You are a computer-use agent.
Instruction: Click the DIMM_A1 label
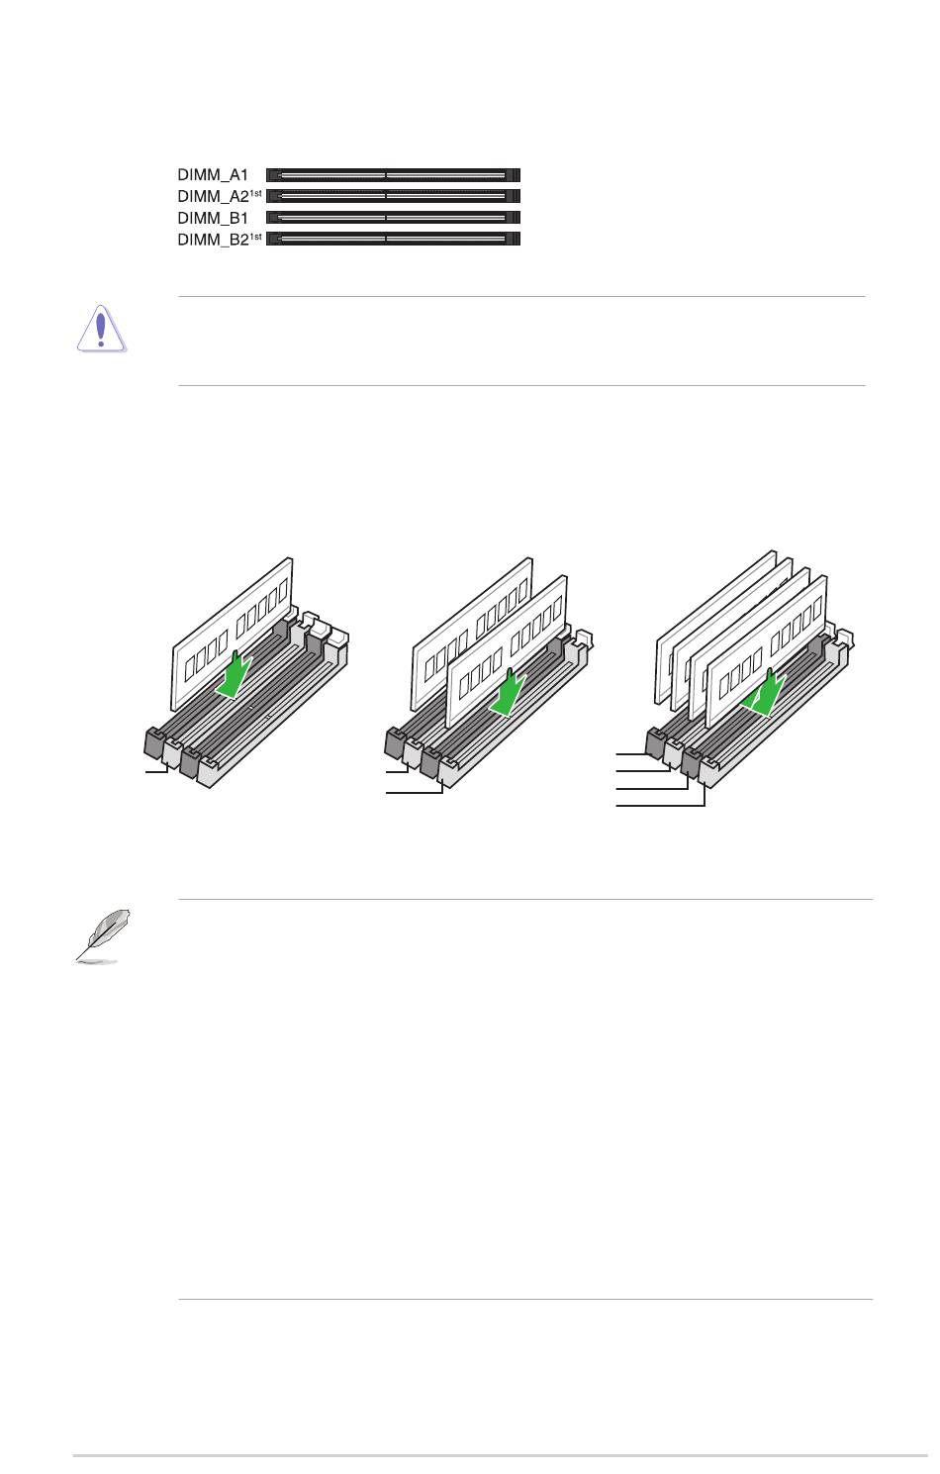212,175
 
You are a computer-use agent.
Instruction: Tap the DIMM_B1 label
212,218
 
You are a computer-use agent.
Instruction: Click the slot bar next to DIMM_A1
393,175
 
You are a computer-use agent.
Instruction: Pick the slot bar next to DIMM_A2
393,196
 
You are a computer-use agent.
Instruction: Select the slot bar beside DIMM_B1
393,217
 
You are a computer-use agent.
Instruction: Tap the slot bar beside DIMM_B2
393,239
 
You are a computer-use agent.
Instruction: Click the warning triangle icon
101,329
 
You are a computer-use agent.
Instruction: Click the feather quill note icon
102,935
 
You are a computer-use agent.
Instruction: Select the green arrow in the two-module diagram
508,693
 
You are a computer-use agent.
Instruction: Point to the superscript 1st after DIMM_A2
256,193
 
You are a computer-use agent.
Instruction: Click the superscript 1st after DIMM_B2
256,236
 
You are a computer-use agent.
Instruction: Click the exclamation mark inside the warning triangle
101,330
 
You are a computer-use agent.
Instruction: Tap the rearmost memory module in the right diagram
715,625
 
